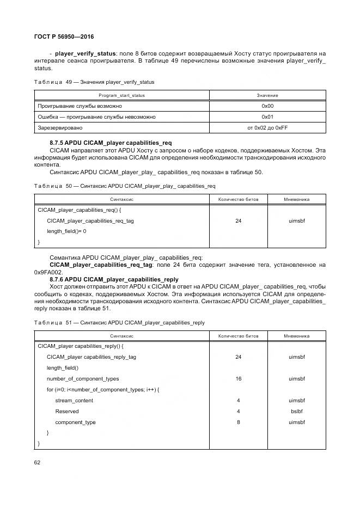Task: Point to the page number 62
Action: pos(38,462)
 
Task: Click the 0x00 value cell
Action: pos(267,106)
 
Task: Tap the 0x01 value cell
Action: pos(267,117)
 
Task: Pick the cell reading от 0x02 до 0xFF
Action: pos(267,128)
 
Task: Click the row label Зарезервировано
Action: pos(60,128)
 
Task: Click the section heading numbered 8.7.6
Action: pos(114,279)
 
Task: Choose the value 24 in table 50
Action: pos(239,221)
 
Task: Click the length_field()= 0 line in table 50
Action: pos(66,231)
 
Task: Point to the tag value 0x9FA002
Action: pos(48,272)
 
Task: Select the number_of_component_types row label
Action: pos(83,379)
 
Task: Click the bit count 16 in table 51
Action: pos(239,379)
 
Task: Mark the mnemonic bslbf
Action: pos(297,412)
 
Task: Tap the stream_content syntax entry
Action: pos(74,401)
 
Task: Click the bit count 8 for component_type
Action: pos(239,422)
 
